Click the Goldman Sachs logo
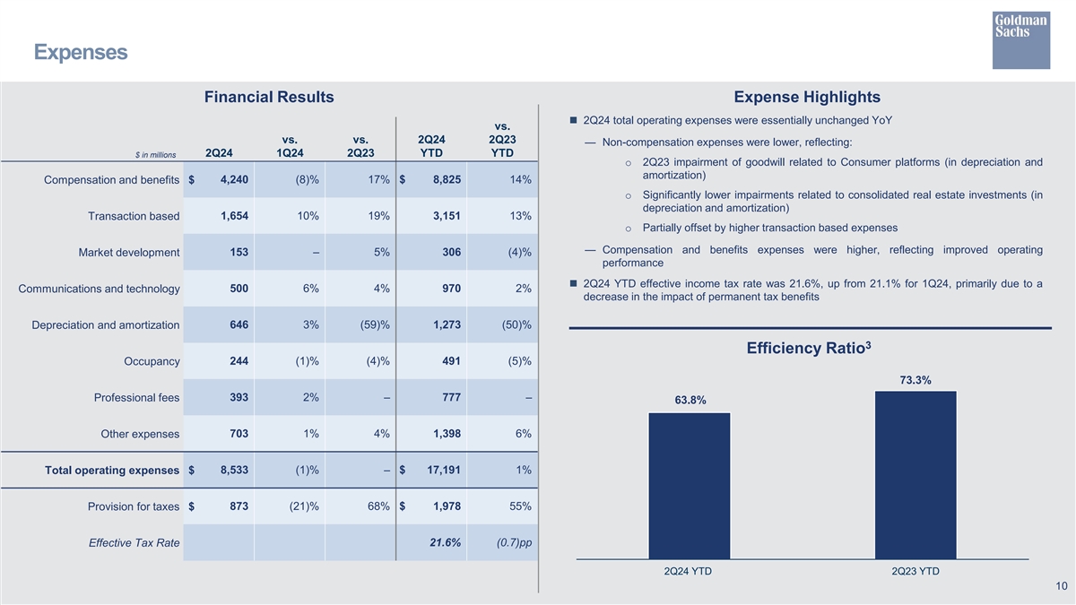1020,39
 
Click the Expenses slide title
81,53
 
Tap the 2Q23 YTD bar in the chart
915,475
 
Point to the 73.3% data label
915,380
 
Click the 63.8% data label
690,400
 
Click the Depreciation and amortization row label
106,325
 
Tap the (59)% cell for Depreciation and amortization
372,324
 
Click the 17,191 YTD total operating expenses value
439,470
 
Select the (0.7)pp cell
513,542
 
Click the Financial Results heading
269,97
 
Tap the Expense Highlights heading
806,97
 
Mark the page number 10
1061,586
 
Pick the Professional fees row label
136,398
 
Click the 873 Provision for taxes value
239,506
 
